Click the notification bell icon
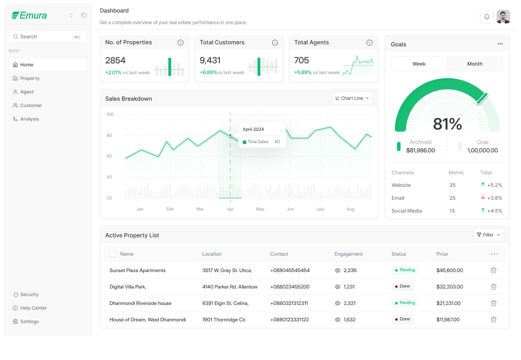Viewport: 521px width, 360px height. point(486,17)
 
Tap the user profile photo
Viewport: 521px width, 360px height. point(503,17)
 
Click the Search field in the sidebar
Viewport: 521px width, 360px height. point(47,36)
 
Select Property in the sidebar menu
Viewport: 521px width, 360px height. point(30,78)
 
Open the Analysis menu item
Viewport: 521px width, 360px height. point(30,119)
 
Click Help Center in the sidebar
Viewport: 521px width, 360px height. point(33,308)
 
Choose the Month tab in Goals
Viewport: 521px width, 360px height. point(475,64)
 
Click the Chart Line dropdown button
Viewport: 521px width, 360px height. point(352,98)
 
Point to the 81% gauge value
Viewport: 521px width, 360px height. point(447,124)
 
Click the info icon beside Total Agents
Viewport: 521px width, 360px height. point(369,42)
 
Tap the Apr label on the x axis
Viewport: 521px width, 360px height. point(230,209)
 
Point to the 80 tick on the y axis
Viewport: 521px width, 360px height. point(109,135)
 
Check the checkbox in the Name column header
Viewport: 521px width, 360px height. point(113,254)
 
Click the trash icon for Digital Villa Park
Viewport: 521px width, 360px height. point(493,286)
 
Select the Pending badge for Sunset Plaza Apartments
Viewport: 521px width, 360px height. point(405,270)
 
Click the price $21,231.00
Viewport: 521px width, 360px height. point(448,303)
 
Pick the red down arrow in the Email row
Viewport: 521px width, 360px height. point(483,197)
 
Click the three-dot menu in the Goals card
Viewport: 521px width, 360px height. point(500,44)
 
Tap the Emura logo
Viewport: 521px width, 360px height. point(30,15)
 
